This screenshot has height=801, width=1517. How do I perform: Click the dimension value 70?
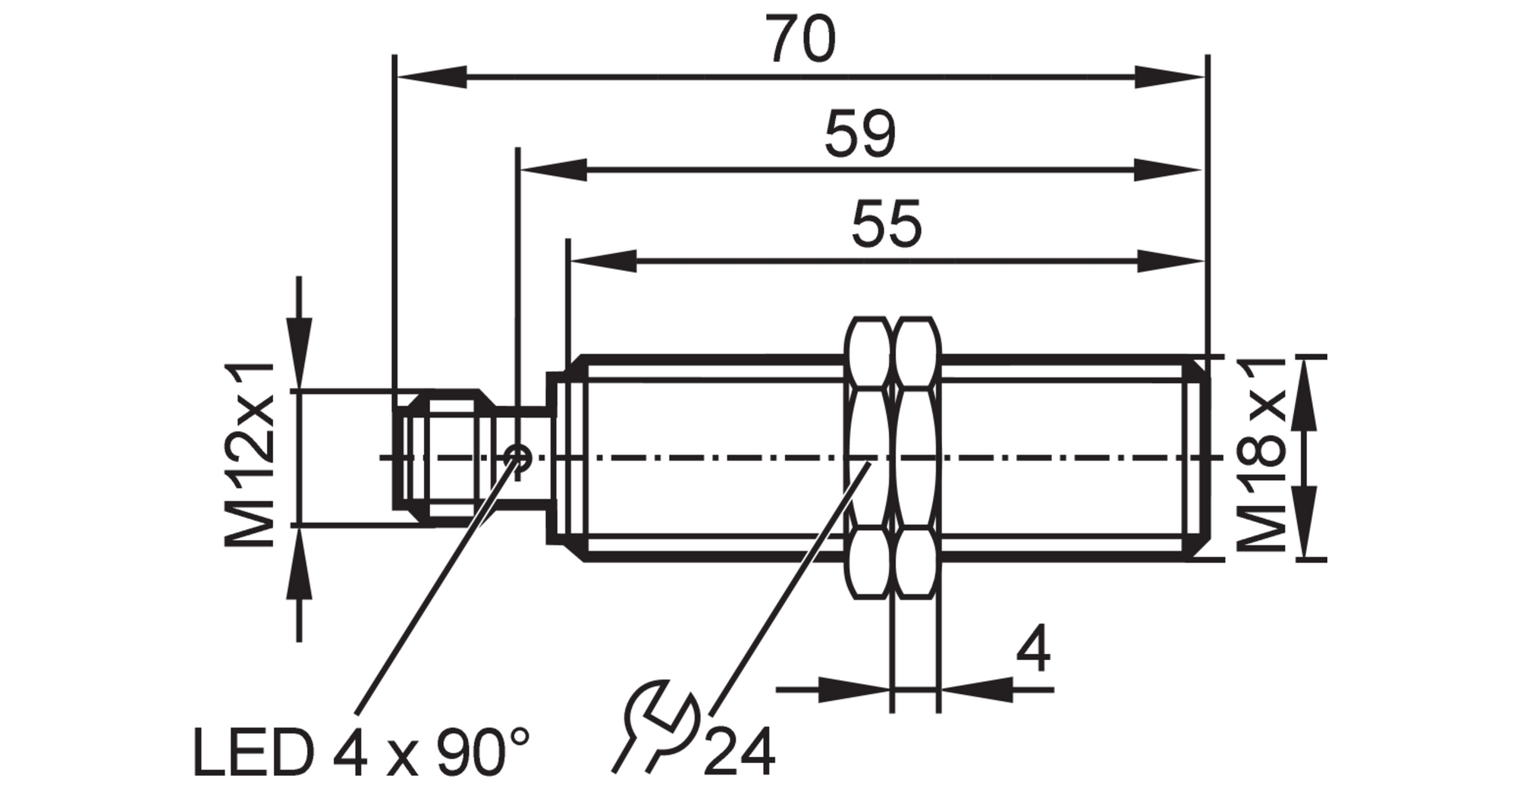click(800, 39)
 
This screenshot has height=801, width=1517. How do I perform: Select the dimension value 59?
click(860, 133)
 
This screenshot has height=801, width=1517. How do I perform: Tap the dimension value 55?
click(886, 224)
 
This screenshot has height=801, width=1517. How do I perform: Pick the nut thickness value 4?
click(1033, 649)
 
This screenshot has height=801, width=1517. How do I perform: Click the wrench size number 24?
click(740, 751)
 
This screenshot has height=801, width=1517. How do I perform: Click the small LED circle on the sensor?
click(517, 456)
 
